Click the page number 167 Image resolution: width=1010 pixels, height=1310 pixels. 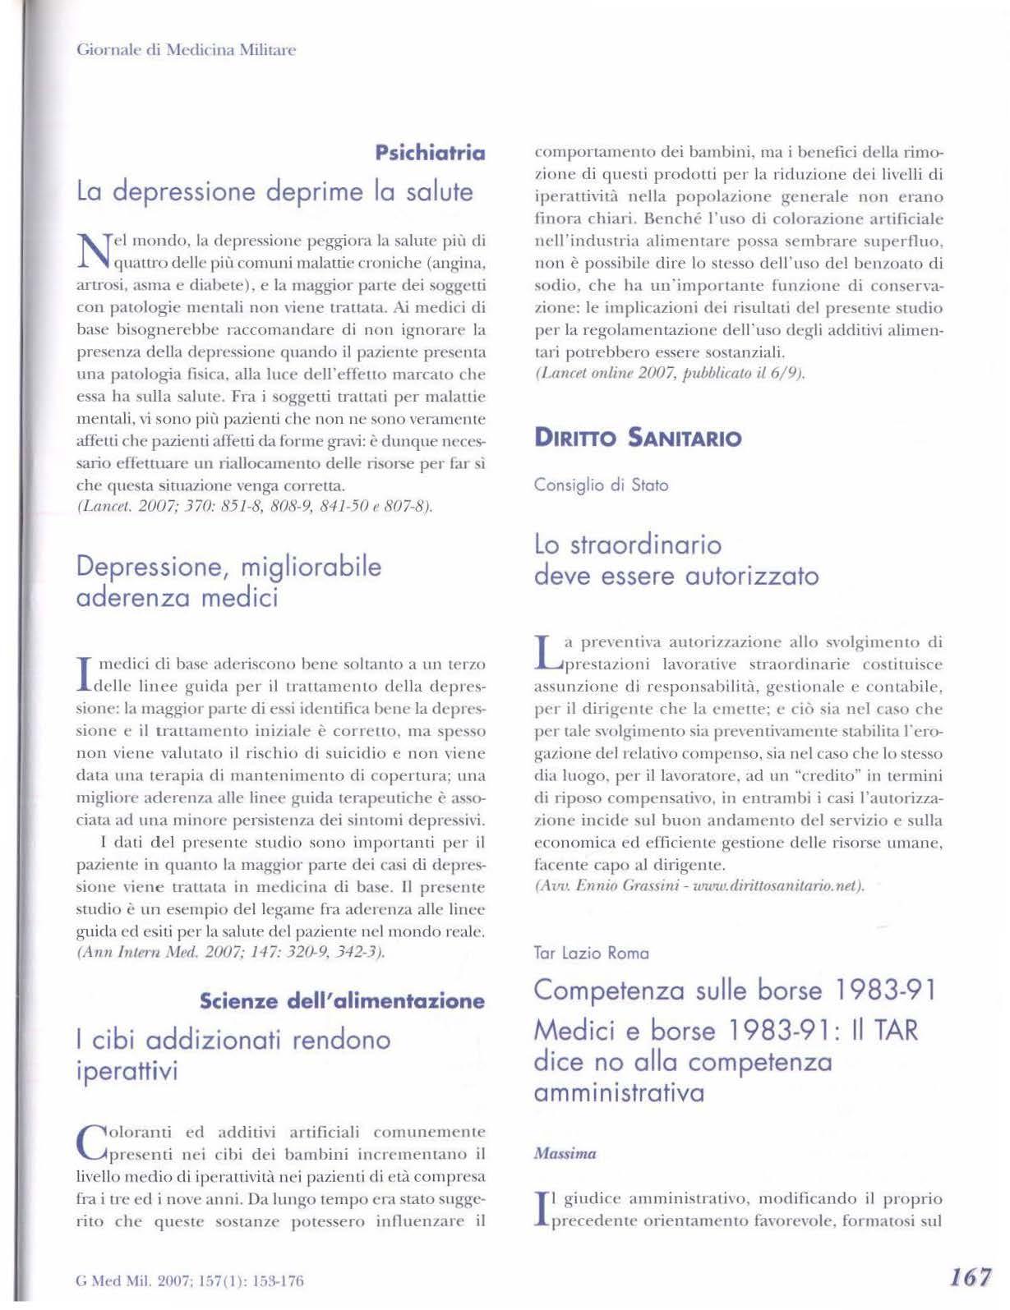point(971,1277)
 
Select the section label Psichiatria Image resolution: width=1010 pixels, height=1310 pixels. point(430,153)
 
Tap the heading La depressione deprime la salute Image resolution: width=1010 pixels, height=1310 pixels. point(274,191)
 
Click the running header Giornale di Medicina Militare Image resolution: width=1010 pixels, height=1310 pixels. point(186,50)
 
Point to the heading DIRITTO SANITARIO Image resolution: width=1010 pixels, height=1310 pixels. point(638,438)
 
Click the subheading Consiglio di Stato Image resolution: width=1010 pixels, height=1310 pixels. point(601,485)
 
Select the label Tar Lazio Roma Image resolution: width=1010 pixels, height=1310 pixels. point(591,953)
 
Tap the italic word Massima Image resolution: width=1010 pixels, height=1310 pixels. point(565,1153)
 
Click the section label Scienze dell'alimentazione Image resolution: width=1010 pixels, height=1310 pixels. point(342,1000)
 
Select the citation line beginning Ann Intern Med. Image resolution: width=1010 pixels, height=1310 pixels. point(231,954)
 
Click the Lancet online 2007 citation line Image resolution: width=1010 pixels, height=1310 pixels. point(669,375)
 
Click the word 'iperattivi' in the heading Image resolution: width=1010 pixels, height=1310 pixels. point(127,1072)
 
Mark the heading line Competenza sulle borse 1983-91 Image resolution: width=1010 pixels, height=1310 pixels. point(736,990)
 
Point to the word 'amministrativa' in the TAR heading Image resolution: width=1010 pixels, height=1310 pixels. point(619,1093)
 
